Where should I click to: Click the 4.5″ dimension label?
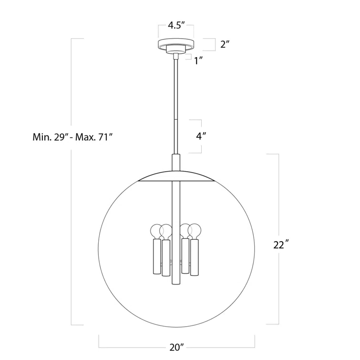(x=176, y=25)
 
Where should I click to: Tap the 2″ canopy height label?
(x=225, y=44)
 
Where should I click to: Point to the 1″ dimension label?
(x=198, y=61)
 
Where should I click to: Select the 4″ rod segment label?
(x=201, y=136)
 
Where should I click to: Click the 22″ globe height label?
(x=281, y=245)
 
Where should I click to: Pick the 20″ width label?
(x=176, y=348)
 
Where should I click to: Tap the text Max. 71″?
(x=94, y=137)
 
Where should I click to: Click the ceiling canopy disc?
(x=176, y=44)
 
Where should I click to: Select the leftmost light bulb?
(x=157, y=231)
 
